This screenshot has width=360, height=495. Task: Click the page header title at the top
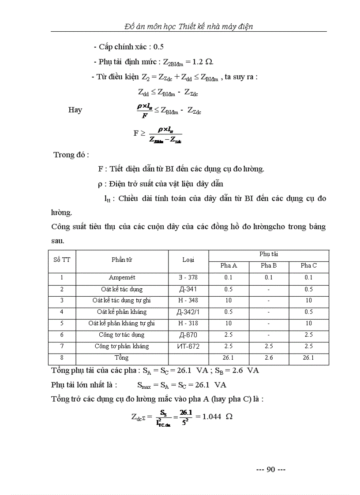(188, 26)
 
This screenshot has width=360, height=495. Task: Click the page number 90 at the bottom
(271, 469)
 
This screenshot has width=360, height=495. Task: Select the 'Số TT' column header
(62, 260)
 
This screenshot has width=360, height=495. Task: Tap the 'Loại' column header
(188, 260)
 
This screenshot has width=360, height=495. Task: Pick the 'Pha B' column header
(269, 265)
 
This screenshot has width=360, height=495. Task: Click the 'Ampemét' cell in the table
(122, 278)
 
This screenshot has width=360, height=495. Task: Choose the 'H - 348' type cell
(188, 301)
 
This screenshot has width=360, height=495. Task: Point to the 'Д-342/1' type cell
(188, 312)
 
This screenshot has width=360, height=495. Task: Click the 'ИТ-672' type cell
(188, 346)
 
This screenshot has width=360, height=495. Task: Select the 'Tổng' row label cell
(122, 357)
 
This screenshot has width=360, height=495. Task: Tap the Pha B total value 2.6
(269, 358)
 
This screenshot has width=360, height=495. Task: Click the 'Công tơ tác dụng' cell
(122, 335)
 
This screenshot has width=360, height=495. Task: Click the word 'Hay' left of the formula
(75, 110)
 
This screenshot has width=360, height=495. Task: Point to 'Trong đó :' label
(71, 155)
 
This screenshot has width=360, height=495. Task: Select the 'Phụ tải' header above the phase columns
(269, 254)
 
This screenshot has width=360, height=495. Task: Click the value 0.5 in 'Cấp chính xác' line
(158, 47)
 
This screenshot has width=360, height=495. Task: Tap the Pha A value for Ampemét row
(229, 278)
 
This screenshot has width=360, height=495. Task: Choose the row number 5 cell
(62, 324)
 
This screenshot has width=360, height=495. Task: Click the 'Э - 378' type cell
(188, 278)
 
